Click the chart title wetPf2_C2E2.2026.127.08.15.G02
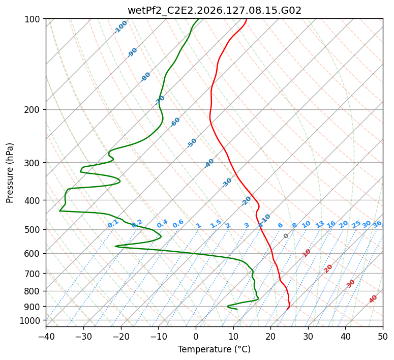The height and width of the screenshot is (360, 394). (x=215, y=10)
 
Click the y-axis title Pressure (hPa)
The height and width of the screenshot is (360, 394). (x=10, y=173)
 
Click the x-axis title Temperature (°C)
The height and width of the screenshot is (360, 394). (x=215, y=349)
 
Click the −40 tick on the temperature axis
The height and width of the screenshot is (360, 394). (x=46, y=336)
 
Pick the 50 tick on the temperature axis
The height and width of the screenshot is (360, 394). (x=383, y=336)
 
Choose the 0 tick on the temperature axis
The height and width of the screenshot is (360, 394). (x=196, y=336)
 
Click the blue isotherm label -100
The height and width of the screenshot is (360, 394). (x=120, y=27)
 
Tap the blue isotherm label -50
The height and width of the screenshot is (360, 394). (x=192, y=143)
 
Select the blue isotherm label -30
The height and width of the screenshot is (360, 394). (x=227, y=183)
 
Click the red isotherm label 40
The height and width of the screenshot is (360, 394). (x=373, y=299)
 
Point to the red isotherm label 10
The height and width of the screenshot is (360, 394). (x=307, y=253)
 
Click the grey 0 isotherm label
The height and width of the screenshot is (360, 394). (x=286, y=236)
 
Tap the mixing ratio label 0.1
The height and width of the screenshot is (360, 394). (x=113, y=224)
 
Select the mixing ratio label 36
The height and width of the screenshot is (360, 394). (x=377, y=224)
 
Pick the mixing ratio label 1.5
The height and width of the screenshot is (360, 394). (x=216, y=224)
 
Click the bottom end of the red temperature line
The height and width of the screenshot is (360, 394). (x=287, y=309)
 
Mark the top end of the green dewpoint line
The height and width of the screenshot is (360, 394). (x=199, y=19)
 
